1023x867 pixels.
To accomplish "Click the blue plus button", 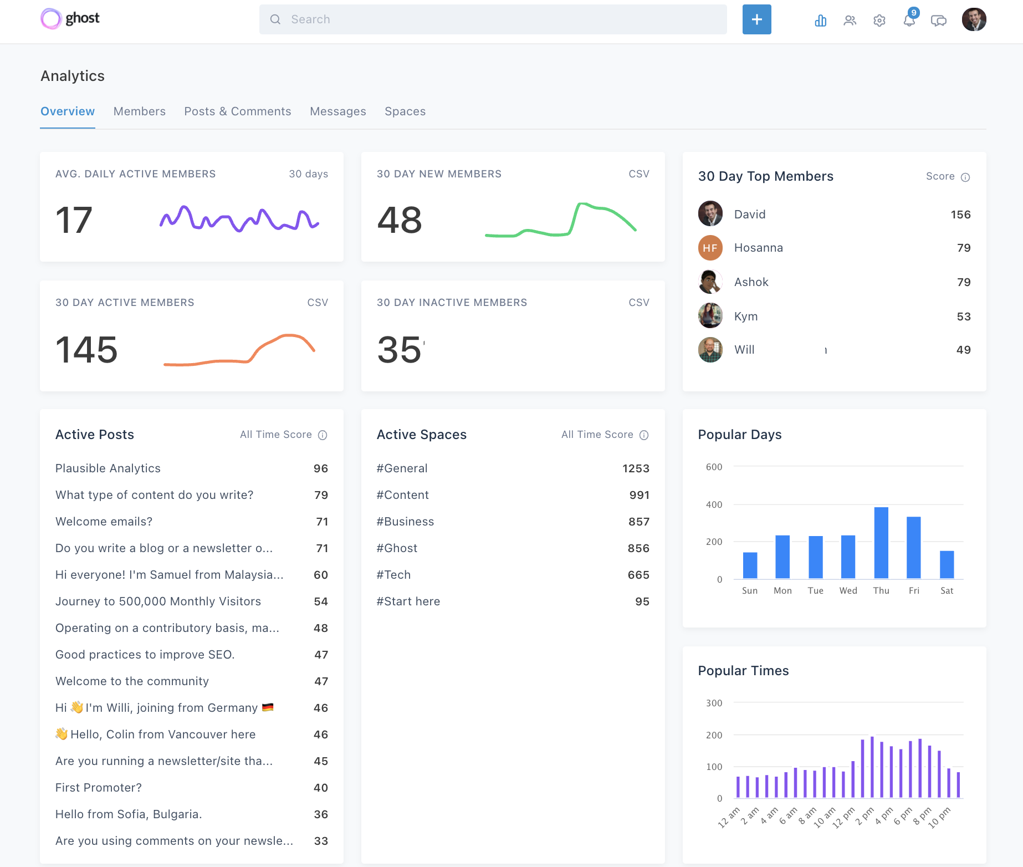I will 756,19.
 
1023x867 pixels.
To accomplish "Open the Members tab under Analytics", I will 139,111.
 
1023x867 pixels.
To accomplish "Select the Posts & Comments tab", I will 237,111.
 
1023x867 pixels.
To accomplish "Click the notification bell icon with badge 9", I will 909,20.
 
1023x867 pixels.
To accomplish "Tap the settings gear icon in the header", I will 879,21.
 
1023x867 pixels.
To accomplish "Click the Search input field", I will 493,19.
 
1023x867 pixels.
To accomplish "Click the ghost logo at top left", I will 70,19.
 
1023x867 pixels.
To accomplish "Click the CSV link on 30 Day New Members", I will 638,174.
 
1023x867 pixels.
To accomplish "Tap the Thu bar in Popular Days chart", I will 881,543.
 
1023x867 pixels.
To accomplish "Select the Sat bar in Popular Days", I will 947,564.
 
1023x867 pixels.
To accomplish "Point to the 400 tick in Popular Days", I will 714,504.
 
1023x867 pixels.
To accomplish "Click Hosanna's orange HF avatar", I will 710,248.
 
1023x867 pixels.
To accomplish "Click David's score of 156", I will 960,215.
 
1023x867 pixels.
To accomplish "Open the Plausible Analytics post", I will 108,468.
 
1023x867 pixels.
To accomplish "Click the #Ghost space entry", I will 397,548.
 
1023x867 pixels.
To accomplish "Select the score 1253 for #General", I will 635,468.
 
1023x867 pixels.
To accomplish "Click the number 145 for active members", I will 86,350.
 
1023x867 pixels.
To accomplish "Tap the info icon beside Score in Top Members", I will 965,177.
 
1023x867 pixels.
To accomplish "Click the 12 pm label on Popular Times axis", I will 844,817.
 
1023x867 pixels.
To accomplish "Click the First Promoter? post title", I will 99,788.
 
